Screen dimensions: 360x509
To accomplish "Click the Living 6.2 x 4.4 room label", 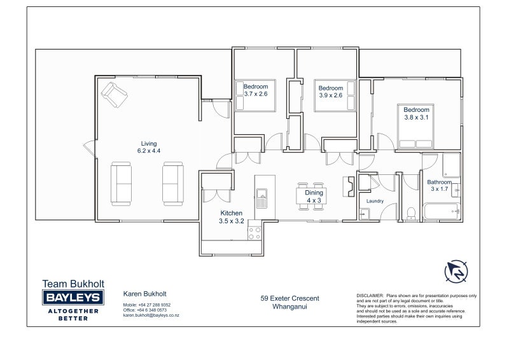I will (x=147, y=148).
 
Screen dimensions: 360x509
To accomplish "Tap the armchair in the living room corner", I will (x=115, y=95).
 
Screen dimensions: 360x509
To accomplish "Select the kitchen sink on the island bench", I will (x=261, y=203).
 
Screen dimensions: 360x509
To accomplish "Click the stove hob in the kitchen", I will (x=254, y=232).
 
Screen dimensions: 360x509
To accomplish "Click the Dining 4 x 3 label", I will (x=314, y=197).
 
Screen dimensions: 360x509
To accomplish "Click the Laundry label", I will (x=375, y=202).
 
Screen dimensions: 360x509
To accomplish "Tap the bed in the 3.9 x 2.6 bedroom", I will (x=330, y=97).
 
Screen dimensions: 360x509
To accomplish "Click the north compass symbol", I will (x=456, y=271).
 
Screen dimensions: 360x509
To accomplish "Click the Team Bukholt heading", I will (x=73, y=284).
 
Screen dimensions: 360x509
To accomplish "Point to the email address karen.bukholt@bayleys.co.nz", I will (x=151, y=315).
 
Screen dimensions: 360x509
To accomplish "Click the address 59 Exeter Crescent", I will (x=289, y=298).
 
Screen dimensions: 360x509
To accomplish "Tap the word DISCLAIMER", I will (x=370, y=296).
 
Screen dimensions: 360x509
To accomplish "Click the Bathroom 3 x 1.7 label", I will (x=440, y=185).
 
